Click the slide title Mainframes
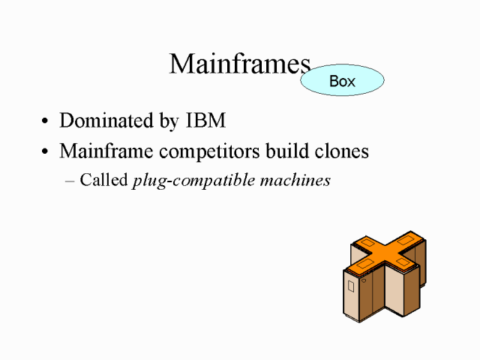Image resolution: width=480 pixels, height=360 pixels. click(239, 64)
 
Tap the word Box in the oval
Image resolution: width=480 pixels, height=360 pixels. click(342, 81)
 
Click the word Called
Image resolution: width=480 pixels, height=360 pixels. click(103, 181)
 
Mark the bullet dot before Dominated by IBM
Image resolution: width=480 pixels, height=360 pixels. click(46, 121)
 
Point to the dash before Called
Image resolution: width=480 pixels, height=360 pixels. click(71, 181)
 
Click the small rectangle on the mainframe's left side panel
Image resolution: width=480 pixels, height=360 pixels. click(351, 286)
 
